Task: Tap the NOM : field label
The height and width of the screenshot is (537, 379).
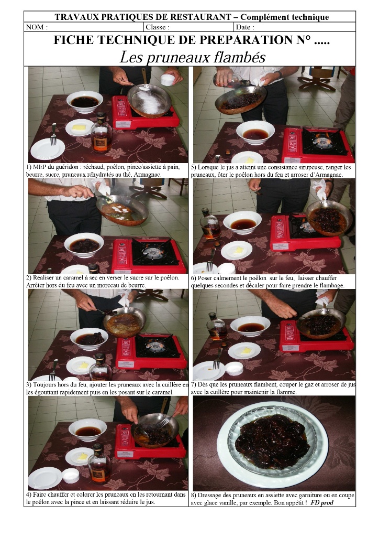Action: tap(37, 27)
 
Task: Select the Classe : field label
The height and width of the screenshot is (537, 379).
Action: tap(158, 27)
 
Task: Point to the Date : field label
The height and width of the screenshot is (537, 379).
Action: tap(244, 27)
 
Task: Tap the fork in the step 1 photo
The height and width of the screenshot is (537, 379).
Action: tap(53, 134)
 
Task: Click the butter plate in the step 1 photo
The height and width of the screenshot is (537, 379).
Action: tap(79, 128)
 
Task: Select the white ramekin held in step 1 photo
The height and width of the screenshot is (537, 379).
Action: tap(168, 80)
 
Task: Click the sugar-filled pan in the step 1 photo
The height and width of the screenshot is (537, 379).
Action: tap(150, 100)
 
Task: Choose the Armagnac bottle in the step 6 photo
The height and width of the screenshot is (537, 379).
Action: tap(210, 223)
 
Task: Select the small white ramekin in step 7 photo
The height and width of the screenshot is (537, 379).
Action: tap(235, 368)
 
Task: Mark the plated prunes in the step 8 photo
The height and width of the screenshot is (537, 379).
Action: tap(271, 441)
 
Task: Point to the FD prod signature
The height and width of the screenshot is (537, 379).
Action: tap(322, 503)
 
